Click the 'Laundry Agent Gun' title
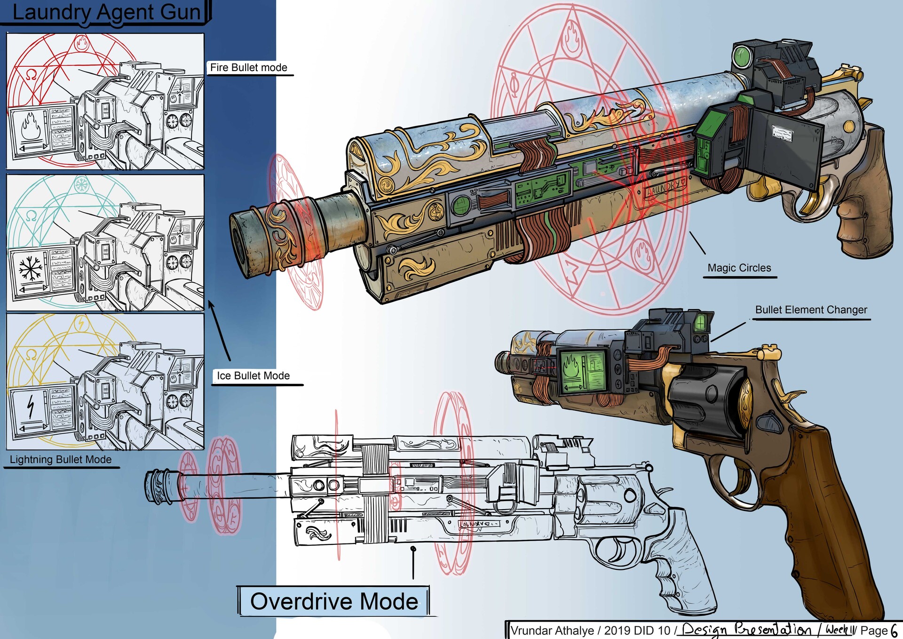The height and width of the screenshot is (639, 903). [x=106, y=12]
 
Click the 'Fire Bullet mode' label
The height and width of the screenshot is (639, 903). [x=248, y=67]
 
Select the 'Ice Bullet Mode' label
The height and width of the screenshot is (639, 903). [x=253, y=375]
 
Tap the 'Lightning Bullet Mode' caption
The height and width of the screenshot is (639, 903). [x=61, y=459]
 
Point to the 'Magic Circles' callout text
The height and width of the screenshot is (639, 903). [x=739, y=268]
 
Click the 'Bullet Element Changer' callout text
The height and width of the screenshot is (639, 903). [x=811, y=310]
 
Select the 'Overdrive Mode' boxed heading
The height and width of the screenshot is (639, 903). [x=334, y=601]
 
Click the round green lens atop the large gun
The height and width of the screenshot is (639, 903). [x=742, y=56]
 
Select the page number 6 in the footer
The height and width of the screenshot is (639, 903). [x=894, y=630]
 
